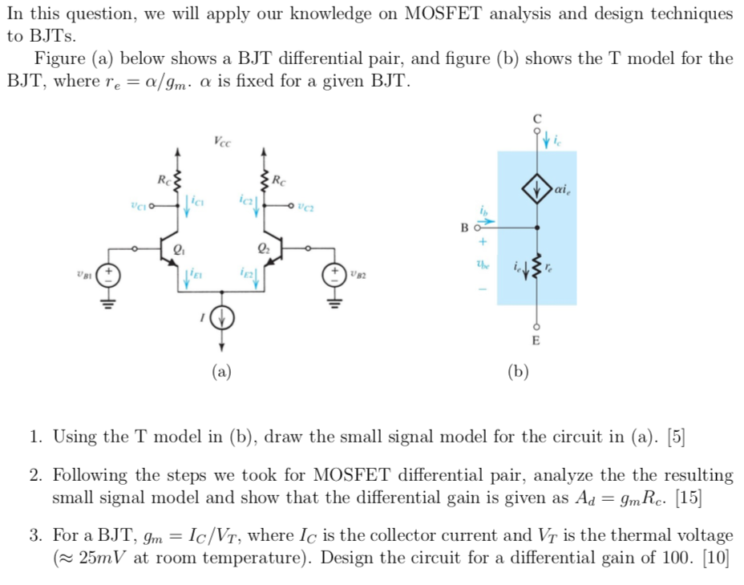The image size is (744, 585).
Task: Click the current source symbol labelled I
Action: click(221, 318)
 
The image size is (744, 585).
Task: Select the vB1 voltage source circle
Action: click(108, 275)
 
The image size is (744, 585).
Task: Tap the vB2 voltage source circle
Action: click(334, 275)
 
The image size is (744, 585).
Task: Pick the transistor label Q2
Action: click(263, 248)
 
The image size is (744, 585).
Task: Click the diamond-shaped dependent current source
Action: click(536, 189)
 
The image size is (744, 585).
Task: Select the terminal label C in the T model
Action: click(536, 119)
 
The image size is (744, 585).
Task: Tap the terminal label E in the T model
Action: click(536, 341)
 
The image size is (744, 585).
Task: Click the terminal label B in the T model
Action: click(464, 228)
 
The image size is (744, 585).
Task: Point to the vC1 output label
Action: click(139, 206)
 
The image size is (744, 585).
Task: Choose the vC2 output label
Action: click(305, 207)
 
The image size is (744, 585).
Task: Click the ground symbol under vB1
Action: click(108, 304)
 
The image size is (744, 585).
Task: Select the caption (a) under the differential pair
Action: click(221, 371)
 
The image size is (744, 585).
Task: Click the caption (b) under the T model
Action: click(518, 371)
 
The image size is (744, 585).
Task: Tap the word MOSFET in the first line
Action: click(443, 14)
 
